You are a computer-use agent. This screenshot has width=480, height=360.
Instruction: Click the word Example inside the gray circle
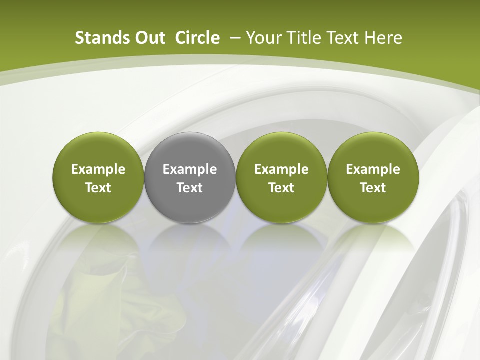[190, 169]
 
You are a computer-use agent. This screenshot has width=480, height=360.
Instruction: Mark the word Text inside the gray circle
[190, 188]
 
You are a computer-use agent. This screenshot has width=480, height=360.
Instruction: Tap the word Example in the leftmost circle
[98, 169]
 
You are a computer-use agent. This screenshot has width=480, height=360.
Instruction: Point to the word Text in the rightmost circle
[373, 188]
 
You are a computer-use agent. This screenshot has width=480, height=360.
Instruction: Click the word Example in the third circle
[281, 169]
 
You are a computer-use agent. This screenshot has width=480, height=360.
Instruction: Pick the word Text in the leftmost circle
[98, 188]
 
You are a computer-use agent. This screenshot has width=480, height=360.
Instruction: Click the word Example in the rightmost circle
[373, 169]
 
